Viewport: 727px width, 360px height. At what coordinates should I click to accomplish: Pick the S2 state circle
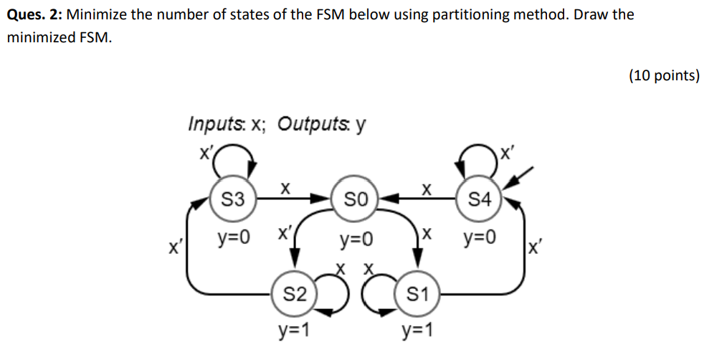tap(295, 293)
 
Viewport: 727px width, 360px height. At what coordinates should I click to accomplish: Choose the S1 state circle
tap(417, 293)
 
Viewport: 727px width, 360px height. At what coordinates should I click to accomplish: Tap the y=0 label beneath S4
tap(478, 237)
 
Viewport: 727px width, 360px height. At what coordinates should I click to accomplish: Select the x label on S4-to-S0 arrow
tap(426, 189)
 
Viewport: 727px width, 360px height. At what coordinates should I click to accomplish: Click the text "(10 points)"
tap(664, 75)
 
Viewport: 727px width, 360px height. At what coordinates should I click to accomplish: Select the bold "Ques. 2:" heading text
tap(34, 14)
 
